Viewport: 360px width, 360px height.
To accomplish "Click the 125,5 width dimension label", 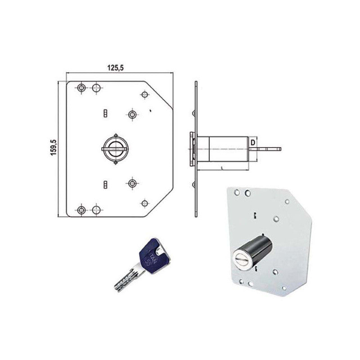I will click(116, 67).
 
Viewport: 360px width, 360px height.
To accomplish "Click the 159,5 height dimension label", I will click(53, 148).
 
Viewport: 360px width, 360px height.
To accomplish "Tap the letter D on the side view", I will click(253, 143).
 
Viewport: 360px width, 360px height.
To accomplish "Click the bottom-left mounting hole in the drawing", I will click(81, 209).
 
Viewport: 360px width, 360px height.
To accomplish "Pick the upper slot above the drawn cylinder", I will click(105, 112).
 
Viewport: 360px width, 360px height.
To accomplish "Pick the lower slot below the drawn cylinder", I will click(105, 184).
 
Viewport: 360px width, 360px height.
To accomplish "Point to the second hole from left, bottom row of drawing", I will click(96, 209).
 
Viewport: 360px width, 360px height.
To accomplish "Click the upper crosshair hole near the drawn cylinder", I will click(132, 114).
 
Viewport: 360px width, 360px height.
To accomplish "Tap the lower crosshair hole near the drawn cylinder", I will click(132, 183).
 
